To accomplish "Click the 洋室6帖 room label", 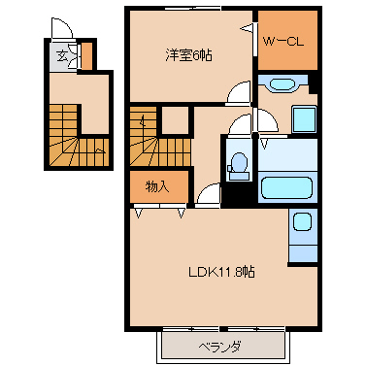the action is click(x=189, y=55).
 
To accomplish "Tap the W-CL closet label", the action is click(x=283, y=42).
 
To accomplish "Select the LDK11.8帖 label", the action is click(x=221, y=272).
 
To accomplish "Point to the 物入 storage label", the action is click(x=157, y=187).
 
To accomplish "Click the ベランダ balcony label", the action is click(x=219, y=347).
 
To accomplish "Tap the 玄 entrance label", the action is click(x=62, y=56).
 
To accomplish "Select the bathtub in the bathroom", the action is click(x=286, y=187).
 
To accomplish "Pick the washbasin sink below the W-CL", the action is click(x=283, y=84).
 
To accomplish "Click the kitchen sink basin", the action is click(x=302, y=222).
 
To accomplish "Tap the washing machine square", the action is click(x=304, y=119).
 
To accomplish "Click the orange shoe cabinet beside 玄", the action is click(x=86, y=55).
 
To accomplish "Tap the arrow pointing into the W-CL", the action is click(x=247, y=28).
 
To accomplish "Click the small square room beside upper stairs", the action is click(x=175, y=119).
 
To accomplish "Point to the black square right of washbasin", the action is click(x=313, y=84).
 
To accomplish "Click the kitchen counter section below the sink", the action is click(x=303, y=253).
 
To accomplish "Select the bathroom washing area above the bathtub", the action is click(x=287, y=155).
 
